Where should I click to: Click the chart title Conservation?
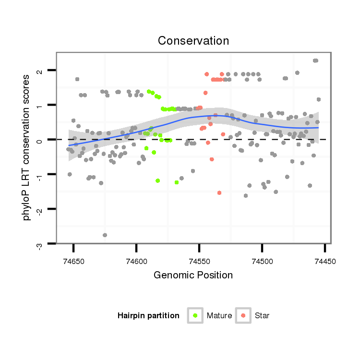pos(193,41)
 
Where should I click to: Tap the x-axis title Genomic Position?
pos(193,275)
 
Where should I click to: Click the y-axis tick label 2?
pos(40,71)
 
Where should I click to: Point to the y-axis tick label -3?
pos(40,246)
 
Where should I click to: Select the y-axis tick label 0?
pos(40,140)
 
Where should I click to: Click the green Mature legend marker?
pos(195,315)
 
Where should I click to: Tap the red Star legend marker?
pos(243,315)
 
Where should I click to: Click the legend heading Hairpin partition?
pos(148,316)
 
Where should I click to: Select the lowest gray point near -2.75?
pos(105,235)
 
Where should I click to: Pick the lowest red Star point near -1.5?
pos(219,192)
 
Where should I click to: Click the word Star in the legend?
pos(262,316)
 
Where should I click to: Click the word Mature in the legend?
pos(219,316)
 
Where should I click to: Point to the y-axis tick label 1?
pos(40,106)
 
